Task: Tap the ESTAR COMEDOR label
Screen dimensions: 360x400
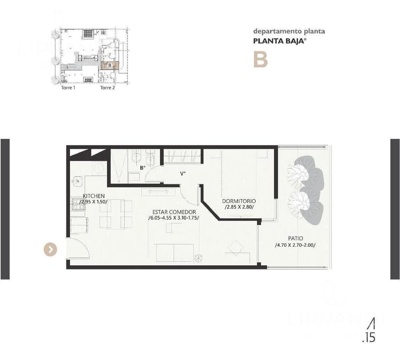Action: pyautogui.click(x=174, y=212)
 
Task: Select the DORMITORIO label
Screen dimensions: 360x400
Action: pyautogui.click(x=239, y=201)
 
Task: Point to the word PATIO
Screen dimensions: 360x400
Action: pyautogui.click(x=296, y=238)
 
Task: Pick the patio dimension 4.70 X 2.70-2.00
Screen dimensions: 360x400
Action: pyautogui.click(x=295, y=245)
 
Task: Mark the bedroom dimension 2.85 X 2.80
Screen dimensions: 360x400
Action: pyautogui.click(x=239, y=207)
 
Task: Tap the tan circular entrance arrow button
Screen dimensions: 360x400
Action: pyautogui.click(x=50, y=249)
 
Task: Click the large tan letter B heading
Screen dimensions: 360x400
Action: pyautogui.click(x=260, y=59)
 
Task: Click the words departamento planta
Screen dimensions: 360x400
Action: pyautogui.click(x=289, y=32)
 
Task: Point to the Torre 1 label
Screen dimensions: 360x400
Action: pyautogui.click(x=68, y=88)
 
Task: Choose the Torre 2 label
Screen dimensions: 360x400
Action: pyautogui.click(x=107, y=88)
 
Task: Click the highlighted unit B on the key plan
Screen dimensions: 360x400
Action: pyautogui.click(x=110, y=65)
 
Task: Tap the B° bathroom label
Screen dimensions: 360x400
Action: pyautogui.click(x=142, y=168)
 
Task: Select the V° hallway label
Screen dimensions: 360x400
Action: pyautogui.click(x=183, y=173)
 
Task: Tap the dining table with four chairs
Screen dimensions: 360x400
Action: pyautogui.click(x=116, y=212)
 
